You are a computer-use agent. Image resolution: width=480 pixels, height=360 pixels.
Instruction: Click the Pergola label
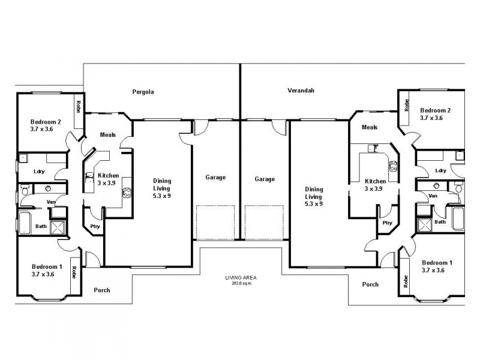(x=143, y=92)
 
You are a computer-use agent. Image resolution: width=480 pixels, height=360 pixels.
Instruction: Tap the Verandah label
(x=301, y=91)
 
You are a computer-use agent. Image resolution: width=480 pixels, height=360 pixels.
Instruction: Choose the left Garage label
(x=216, y=178)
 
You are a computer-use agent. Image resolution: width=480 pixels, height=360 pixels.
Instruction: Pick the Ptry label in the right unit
(x=387, y=223)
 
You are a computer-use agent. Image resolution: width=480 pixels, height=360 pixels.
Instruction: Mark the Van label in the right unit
(x=433, y=196)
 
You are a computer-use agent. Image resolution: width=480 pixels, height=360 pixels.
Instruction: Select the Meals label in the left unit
(x=107, y=134)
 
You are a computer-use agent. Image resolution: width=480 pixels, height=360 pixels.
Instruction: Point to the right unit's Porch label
(x=371, y=284)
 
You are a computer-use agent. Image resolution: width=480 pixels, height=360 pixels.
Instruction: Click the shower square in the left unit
(x=58, y=227)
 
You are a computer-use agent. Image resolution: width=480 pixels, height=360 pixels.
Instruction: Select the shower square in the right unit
(x=424, y=226)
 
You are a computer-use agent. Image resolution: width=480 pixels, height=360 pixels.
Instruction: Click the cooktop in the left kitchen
(x=127, y=193)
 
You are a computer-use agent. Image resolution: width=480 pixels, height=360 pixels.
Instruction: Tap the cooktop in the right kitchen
(x=394, y=167)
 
